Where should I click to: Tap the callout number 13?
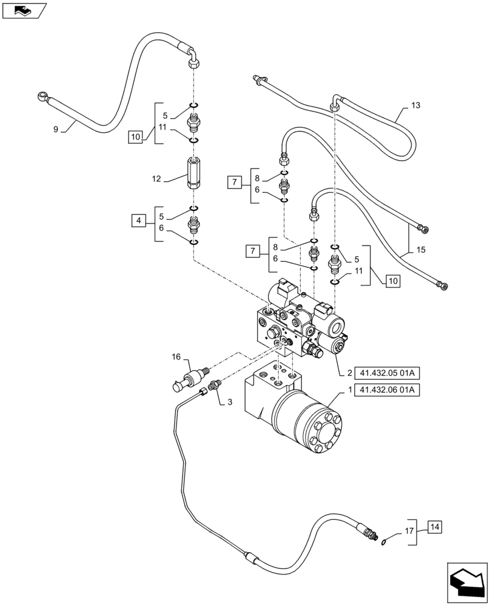coord(414,105)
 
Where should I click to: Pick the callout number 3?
coord(230,401)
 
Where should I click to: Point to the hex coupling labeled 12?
coord(192,172)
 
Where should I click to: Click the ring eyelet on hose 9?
coord(42,95)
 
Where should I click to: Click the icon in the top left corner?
coord(24,10)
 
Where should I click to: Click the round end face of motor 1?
coord(324,431)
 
